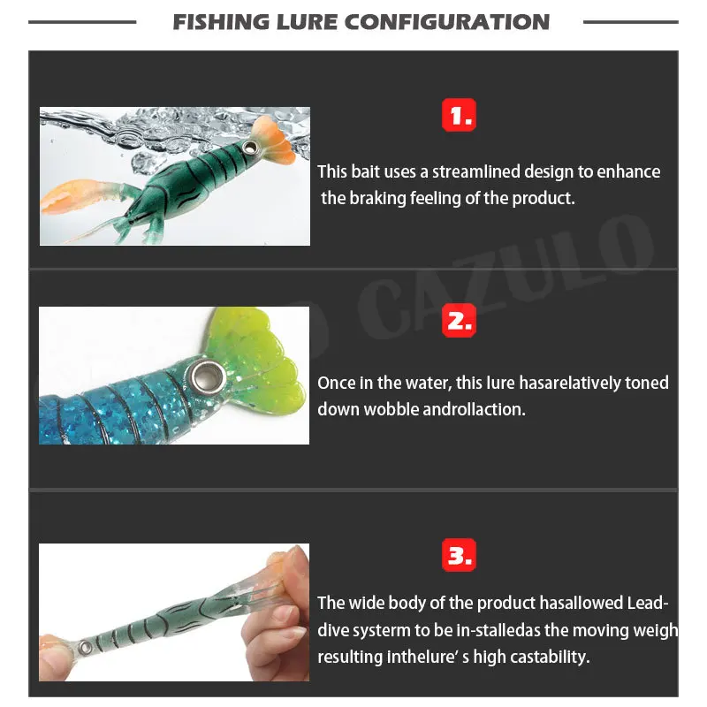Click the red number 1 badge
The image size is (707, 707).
[459, 115]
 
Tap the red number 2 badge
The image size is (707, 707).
[459, 320]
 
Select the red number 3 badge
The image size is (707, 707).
[459, 555]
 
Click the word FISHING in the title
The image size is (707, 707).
[221, 22]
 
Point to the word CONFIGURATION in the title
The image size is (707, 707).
[447, 22]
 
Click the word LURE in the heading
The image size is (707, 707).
[307, 22]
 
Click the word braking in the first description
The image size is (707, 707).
[378, 198]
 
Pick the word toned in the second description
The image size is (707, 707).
[647, 383]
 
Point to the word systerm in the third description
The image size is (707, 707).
[380, 630]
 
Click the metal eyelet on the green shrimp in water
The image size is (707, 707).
[249, 147]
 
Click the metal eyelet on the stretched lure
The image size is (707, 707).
[84, 648]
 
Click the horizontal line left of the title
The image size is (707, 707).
[82, 21]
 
